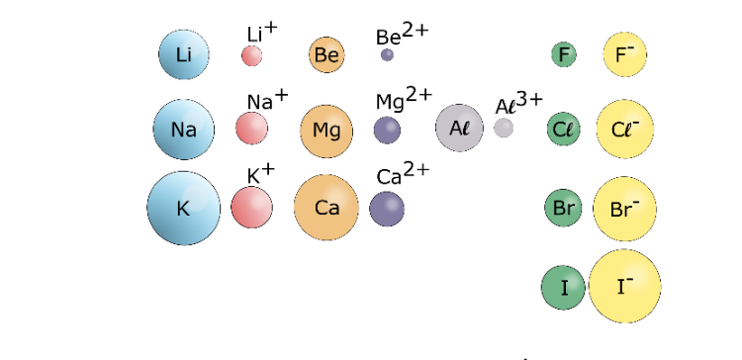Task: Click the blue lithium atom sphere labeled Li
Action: [184, 54]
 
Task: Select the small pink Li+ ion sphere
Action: [251, 55]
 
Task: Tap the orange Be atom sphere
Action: [326, 54]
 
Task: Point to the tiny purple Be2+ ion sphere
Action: [387, 54]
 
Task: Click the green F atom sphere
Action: [564, 54]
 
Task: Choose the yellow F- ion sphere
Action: [624, 54]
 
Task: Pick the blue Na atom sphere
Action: [184, 130]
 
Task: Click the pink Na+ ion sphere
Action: [251, 129]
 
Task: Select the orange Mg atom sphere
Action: [326, 131]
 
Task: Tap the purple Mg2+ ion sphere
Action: [387, 131]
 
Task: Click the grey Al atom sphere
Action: [459, 129]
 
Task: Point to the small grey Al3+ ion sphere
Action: [504, 128]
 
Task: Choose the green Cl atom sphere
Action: [564, 130]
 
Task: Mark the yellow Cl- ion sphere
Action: [625, 130]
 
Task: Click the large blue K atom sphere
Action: [184, 208]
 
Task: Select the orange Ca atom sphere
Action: [326, 208]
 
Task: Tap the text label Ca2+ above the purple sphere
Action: [404, 174]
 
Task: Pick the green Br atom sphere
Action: [563, 208]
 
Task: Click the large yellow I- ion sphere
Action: [624, 286]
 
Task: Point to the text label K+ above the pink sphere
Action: [261, 174]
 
